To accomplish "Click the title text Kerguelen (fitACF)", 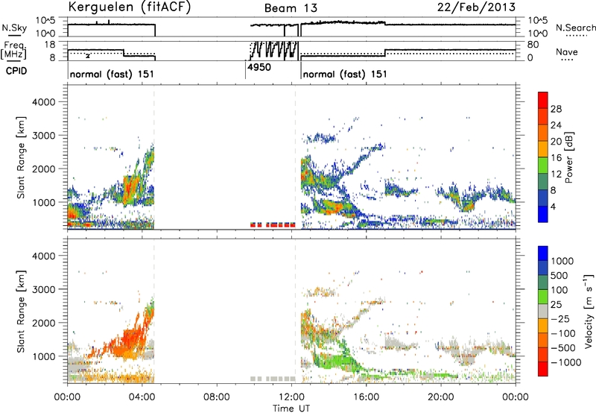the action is (x=129, y=7).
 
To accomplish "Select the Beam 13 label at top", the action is (x=291, y=8).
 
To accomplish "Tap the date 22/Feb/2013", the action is (x=476, y=7).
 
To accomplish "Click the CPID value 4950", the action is (x=259, y=68).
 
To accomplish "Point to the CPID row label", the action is (x=16, y=71).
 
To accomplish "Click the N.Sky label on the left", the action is (x=14, y=28).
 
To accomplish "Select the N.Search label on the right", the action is (x=575, y=28).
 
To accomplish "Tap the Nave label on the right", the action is (x=567, y=52).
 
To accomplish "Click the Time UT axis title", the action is (x=291, y=409).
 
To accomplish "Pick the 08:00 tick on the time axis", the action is (x=217, y=397).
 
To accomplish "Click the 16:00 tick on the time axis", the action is (x=366, y=397).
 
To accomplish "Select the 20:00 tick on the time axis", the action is (x=441, y=397).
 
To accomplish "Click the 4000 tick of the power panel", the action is (x=44, y=102).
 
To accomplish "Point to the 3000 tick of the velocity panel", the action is (x=44, y=289).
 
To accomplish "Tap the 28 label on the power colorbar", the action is (x=556, y=109).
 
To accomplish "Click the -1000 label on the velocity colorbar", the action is (x=566, y=362).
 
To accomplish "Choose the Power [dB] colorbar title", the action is (x=568, y=157).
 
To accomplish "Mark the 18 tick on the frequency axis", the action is (x=51, y=45).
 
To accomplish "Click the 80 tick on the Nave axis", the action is (x=533, y=45).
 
